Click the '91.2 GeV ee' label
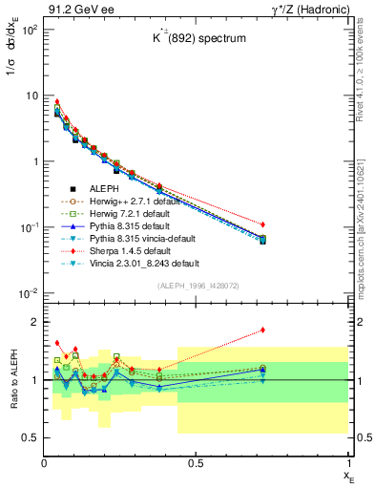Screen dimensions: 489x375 [x=76, y=8]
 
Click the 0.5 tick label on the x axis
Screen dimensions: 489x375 [x=196, y=463]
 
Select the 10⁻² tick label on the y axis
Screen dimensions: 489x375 [x=28, y=292]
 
